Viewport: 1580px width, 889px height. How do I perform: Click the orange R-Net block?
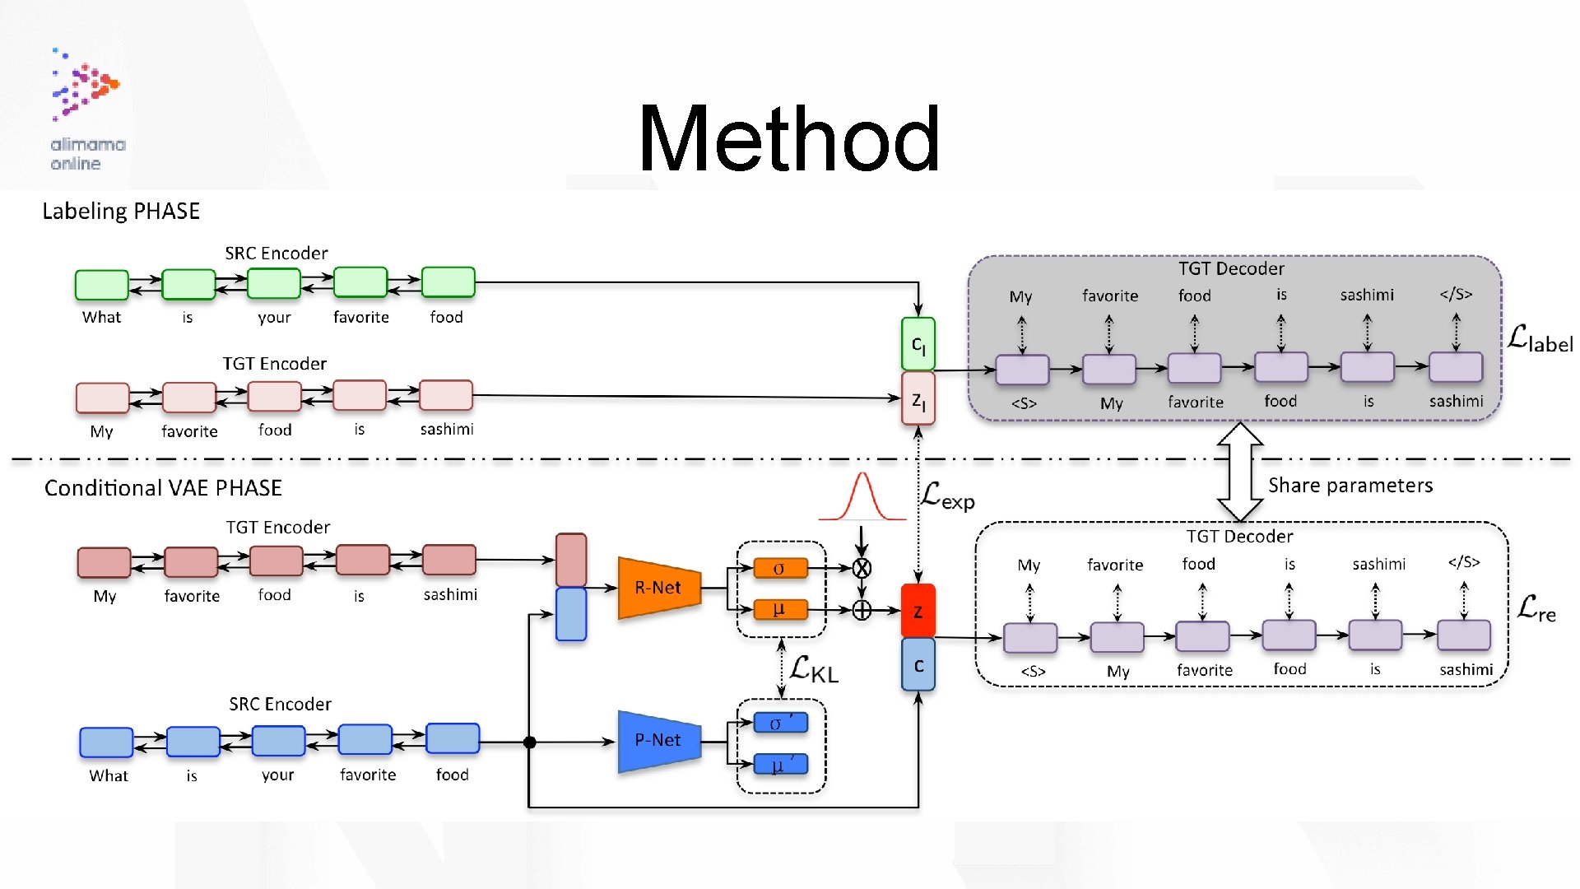[658, 588]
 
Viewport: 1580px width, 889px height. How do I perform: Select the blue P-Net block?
[658, 741]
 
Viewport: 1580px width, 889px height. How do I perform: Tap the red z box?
[918, 611]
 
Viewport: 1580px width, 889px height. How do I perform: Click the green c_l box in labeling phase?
[918, 344]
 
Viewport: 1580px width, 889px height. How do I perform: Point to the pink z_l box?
[918, 399]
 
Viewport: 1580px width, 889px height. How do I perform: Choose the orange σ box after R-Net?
[779, 568]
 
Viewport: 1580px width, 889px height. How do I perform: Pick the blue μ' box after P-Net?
[780, 766]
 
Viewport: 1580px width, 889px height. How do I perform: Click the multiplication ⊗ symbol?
[862, 568]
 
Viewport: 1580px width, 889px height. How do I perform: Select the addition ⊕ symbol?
[862, 610]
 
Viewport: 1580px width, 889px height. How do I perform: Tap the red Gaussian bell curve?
[862, 498]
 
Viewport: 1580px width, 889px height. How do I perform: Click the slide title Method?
[788, 138]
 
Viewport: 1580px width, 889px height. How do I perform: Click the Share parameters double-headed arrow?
[1239, 472]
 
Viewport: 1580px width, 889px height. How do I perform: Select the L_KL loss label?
[814, 669]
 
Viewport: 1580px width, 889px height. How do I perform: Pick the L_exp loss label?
[947, 496]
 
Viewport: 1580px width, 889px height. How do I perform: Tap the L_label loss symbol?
[1540, 339]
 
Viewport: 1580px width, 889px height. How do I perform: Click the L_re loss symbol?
[1536, 609]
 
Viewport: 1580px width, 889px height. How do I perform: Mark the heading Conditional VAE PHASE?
[163, 488]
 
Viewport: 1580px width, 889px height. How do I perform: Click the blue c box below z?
[918, 665]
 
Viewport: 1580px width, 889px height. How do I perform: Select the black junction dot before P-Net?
[530, 742]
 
